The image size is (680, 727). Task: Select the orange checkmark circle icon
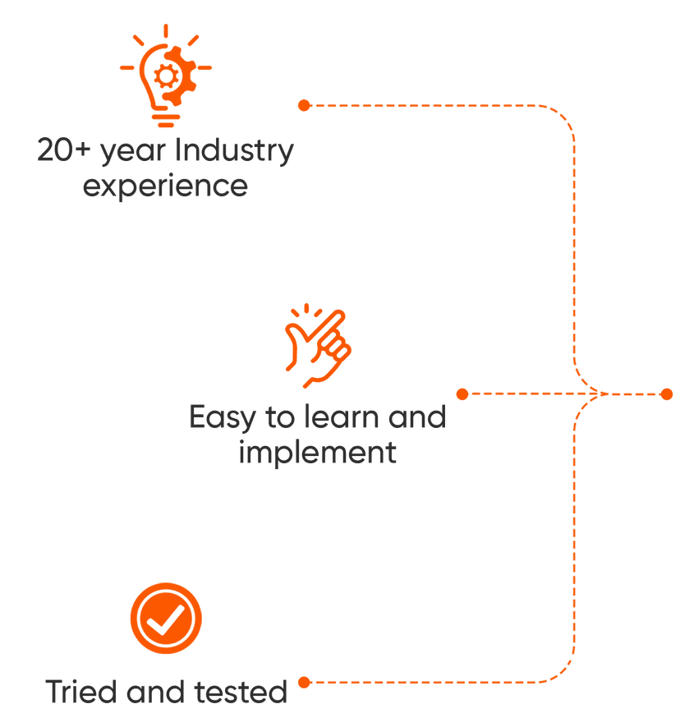click(x=166, y=619)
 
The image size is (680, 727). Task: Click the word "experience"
click(x=166, y=186)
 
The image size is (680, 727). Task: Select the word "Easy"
click(x=221, y=418)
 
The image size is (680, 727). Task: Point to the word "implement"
click(x=317, y=452)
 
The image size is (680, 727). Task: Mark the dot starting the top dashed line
click(x=304, y=105)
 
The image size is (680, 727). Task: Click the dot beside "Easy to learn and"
click(x=462, y=394)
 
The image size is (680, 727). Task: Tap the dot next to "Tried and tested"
click(x=304, y=682)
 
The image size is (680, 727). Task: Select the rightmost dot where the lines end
click(x=666, y=394)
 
